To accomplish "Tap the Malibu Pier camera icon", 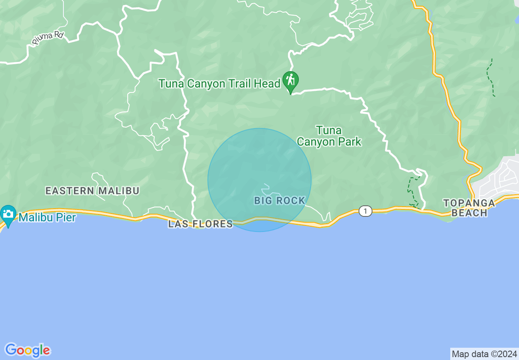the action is pos(8,215).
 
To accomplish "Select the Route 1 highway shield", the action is pos(365,211).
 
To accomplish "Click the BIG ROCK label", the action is pos(280,200).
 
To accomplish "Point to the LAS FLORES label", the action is pos(200,224).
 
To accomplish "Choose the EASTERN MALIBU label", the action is pos(92,191).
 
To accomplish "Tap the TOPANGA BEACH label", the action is pos(469,208).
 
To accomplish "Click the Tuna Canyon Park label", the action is pos(329,136).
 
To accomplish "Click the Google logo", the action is pos(27,350).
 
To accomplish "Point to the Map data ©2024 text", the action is pos(484,354).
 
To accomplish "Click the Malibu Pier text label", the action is pos(47,217).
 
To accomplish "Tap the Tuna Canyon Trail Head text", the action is pos(219,84).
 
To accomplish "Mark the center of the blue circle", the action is pos(259,180).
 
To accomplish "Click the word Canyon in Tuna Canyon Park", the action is pos(317,142).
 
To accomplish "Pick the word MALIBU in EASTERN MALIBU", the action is pos(119,191).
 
